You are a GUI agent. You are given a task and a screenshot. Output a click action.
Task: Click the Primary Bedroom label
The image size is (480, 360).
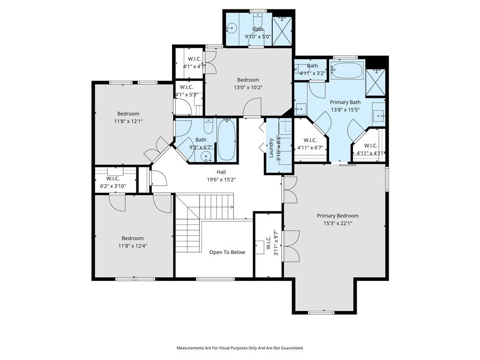click(337, 216)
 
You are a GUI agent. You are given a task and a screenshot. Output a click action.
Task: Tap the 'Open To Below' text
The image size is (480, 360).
click(227, 252)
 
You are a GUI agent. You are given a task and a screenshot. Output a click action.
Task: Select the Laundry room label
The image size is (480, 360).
click(271, 148)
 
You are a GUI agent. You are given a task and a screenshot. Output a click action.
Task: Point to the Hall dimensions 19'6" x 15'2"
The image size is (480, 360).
click(221, 180)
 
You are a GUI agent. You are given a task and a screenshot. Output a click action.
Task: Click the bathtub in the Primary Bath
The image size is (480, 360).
click(347, 71)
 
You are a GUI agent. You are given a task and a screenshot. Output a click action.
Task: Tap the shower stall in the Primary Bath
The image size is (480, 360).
click(375, 82)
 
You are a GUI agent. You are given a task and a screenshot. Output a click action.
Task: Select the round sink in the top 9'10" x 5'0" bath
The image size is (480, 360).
click(232, 28)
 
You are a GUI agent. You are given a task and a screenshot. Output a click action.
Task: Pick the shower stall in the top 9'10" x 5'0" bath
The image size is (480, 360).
click(282, 31)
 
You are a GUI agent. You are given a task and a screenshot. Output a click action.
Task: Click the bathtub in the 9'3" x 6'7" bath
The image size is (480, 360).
click(226, 140)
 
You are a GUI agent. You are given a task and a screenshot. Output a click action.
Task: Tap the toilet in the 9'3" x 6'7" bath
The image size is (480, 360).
click(209, 127)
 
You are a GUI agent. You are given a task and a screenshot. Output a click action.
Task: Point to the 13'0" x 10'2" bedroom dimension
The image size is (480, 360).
click(248, 88)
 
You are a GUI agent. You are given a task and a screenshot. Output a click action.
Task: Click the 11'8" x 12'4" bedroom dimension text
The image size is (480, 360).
click(133, 246)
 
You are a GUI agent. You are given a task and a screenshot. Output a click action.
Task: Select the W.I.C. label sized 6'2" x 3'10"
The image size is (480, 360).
click(113, 179)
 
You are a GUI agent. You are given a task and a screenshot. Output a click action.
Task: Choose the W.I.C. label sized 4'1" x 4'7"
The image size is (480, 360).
click(195, 59)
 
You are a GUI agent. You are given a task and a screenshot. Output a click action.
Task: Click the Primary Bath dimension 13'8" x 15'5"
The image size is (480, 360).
click(345, 110)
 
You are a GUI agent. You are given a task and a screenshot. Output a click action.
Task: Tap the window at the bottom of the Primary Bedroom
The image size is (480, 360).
click(321, 313)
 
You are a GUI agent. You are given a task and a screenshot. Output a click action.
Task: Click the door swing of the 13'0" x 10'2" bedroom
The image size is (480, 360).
click(252, 107)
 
